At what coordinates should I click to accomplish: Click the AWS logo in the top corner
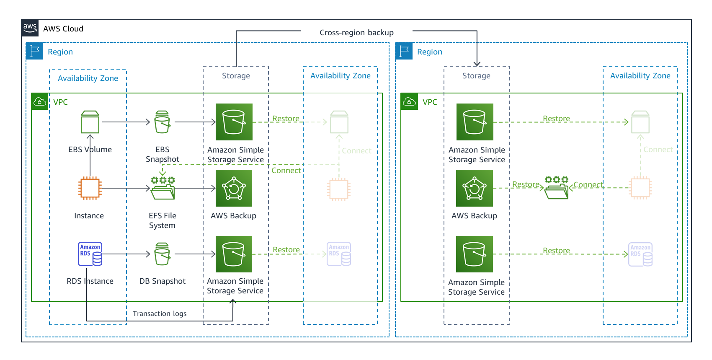(30, 28)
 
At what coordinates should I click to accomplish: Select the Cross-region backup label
(356, 33)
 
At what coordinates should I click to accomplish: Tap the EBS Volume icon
(90, 122)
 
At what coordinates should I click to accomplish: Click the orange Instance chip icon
(90, 188)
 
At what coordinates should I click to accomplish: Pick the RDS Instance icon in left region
(90, 254)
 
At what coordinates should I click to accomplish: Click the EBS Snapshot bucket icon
(162, 122)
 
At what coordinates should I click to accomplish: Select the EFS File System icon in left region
(163, 188)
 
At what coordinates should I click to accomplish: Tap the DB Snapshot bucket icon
(162, 254)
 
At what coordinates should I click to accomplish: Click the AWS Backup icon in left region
(234, 188)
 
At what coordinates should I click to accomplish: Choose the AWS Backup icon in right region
(475, 188)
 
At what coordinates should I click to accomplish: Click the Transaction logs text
(160, 313)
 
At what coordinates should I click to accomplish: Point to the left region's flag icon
(34, 51)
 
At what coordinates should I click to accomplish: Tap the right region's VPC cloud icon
(409, 101)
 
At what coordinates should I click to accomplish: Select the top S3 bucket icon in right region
(475, 122)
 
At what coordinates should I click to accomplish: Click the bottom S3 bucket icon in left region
(234, 254)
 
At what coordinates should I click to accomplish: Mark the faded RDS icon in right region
(640, 254)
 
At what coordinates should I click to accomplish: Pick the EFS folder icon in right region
(556, 188)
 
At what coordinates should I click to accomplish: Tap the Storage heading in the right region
(476, 76)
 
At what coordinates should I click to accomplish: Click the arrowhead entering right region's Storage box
(477, 64)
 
